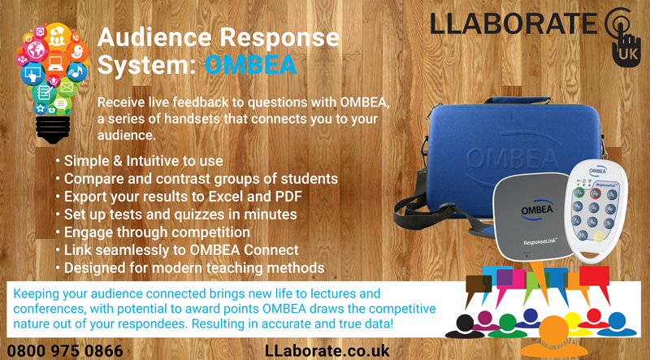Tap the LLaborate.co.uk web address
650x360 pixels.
pyautogui.click(x=327, y=351)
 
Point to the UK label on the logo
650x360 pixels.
pyautogui.click(x=626, y=54)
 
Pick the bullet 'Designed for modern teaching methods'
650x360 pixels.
pyautogui.click(x=190, y=267)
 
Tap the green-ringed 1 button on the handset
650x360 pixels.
pyautogui.click(x=578, y=193)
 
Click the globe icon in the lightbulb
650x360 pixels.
pyautogui.click(x=35, y=51)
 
